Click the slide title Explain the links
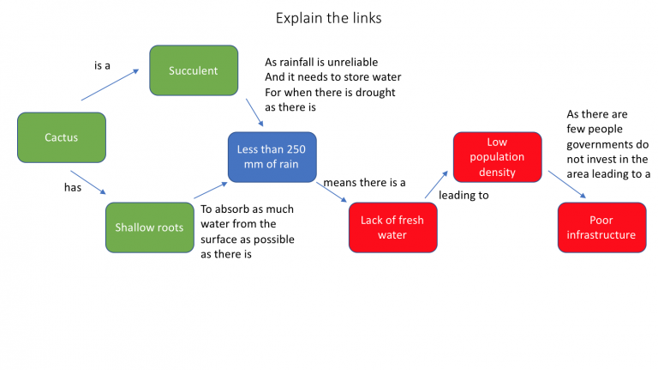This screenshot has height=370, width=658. (329, 17)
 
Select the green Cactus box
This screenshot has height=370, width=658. (62, 137)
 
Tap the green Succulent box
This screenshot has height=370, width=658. (194, 70)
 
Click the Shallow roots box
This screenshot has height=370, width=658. (149, 227)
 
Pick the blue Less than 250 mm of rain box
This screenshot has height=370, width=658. (272, 157)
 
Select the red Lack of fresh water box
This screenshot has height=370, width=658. (392, 227)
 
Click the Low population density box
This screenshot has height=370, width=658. (497, 157)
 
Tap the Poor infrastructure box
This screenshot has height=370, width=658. (601, 227)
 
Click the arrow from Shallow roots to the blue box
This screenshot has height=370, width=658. (209, 191)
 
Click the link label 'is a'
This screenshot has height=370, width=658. (102, 65)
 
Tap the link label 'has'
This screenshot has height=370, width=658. (73, 187)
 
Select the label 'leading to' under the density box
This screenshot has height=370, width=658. (464, 196)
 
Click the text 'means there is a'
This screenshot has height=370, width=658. (364, 183)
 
